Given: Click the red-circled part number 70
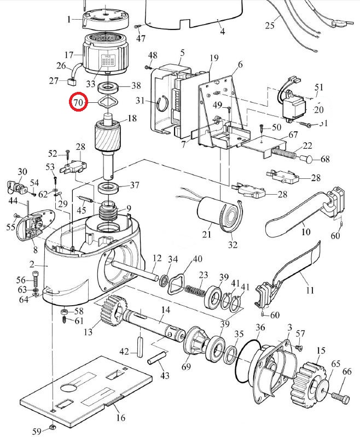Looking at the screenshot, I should coord(78,102).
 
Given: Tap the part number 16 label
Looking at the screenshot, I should coord(121,418).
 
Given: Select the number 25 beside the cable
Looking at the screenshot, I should coord(269,26).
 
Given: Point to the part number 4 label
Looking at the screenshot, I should coord(222,31).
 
